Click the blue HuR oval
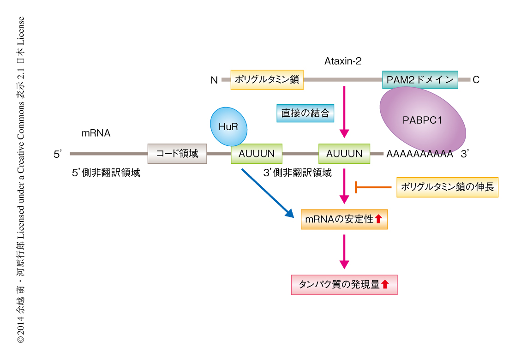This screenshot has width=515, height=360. click(228, 126)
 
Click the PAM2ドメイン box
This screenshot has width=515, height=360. click(420, 80)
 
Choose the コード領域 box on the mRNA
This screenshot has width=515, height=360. click(177, 154)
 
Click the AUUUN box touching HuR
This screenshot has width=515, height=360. click(256, 154)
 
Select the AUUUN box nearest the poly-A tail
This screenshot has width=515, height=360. click(344, 154)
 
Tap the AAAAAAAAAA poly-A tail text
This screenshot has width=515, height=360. click(420, 154)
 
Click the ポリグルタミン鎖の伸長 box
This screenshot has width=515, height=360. click(447, 187)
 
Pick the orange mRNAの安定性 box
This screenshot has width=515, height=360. click(344, 219)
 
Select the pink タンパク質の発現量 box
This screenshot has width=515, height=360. click(344, 285)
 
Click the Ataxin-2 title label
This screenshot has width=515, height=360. click(343, 61)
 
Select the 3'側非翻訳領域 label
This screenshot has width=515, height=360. click(297, 173)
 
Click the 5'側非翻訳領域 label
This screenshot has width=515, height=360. click(106, 173)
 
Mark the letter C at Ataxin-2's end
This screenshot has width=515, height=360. click(476, 80)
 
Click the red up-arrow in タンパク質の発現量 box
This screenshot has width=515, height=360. click(385, 285)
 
